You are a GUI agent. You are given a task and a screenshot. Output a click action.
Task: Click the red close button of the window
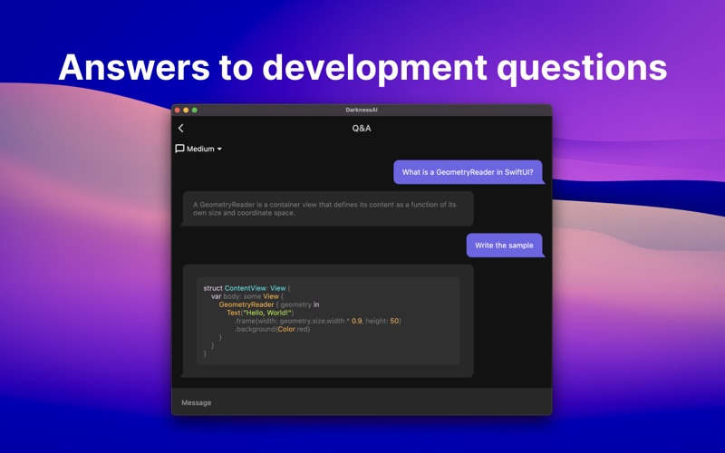pos(178,110)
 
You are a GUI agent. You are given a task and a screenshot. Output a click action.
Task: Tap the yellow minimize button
pos(186,110)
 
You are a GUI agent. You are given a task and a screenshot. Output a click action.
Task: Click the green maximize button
pos(195,110)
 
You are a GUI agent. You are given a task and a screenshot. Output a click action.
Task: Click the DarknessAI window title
pos(362,110)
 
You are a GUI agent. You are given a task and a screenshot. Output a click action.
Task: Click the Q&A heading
pos(362,129)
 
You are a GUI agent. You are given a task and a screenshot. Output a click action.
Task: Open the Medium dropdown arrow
pos(219,149)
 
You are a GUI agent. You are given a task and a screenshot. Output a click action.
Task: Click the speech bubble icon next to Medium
pos(179,149)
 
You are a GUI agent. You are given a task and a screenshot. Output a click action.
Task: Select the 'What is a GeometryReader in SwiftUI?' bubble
pos(468,172)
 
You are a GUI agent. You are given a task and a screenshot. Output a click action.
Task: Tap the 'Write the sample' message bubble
pos(505,245)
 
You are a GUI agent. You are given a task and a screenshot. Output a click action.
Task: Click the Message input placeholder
pos(197,402)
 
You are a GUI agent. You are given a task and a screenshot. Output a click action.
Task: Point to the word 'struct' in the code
pos(213,288)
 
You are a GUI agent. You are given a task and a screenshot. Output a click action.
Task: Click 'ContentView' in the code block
pos(246,288)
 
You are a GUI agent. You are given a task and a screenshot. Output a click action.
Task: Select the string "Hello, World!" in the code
pos(267,313)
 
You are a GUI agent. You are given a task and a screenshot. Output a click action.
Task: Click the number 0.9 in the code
pos(357,321)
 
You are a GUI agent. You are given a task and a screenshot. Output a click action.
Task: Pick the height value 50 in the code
pos(394,321)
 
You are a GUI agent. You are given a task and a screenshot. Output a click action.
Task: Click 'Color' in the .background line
pos(286,329)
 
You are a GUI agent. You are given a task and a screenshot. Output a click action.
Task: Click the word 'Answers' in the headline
pos(134,67)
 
